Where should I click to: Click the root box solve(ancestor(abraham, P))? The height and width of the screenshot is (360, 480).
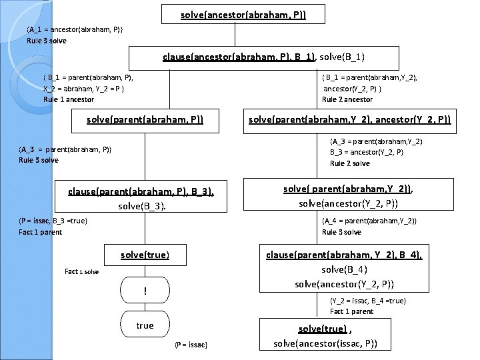click(243, 14)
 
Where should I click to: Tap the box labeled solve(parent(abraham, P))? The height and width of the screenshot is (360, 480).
click(145, 121)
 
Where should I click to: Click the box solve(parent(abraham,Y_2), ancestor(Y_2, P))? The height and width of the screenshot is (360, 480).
click(349, 121)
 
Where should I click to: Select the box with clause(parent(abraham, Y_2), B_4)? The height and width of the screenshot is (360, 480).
click(345, 269)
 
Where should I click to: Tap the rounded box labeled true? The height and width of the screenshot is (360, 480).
click(145, 325)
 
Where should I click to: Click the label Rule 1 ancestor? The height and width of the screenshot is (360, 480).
click(69, 99)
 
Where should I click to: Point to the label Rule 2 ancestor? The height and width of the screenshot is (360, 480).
click(347, 99)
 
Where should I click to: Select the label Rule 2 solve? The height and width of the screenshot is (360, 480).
click(349, 163)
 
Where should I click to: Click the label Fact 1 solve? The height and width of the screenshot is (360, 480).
click(81, 271)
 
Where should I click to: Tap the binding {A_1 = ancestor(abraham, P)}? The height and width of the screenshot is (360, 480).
click(74, 29)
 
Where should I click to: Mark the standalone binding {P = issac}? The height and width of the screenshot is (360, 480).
click(191, 344)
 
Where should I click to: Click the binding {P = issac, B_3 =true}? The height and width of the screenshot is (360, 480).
click(53, 221)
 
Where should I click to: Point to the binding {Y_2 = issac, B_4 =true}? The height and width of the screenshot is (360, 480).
click(368, 301)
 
